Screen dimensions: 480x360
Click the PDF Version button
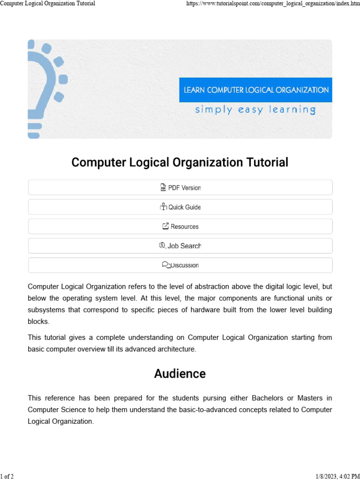pos(180,187)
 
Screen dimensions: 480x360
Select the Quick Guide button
pos(180,207)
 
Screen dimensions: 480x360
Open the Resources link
pos(180,226)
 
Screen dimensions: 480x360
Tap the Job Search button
pos(180,246)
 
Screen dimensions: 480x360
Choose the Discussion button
pos(180,265)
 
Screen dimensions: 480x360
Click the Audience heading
pos(180,374)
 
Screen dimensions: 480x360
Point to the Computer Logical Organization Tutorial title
pos(180,163)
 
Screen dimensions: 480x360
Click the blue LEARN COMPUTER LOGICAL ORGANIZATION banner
pos(256,90)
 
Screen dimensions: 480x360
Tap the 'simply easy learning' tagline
pos(255,110)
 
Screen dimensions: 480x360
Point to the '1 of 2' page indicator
pos(7,476)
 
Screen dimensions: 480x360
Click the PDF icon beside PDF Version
pos(163,187)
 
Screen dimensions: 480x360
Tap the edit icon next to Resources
pos(165,226)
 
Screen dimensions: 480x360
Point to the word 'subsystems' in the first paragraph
pos(45,310)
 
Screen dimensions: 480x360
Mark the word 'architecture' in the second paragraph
pos(174,349)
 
